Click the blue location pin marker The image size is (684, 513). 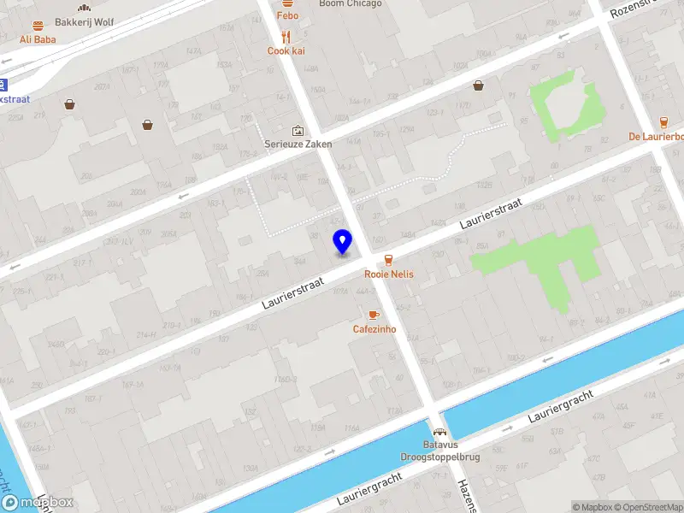[x=342, y=242]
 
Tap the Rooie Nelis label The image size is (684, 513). [x=389, y=274]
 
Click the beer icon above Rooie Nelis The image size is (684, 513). [x=389, y=259]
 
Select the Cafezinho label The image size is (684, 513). [x=374, y=329]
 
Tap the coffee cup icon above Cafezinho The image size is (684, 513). [x=374, y=315]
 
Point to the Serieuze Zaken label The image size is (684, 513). [x=298, y=144]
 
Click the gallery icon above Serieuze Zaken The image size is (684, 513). [x=298, y=130]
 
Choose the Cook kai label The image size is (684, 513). [x=286, y=51]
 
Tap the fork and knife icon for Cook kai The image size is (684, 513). [x=286, y=37]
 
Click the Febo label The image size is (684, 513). [x=287, y=15]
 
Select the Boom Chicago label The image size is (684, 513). [x=350, y=4]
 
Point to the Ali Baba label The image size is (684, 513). [x=38, y=39]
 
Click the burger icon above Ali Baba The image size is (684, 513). [x=38, y=26]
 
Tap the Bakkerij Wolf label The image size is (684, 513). [x=84, y=21]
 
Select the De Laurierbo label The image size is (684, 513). [x=656, y=137]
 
